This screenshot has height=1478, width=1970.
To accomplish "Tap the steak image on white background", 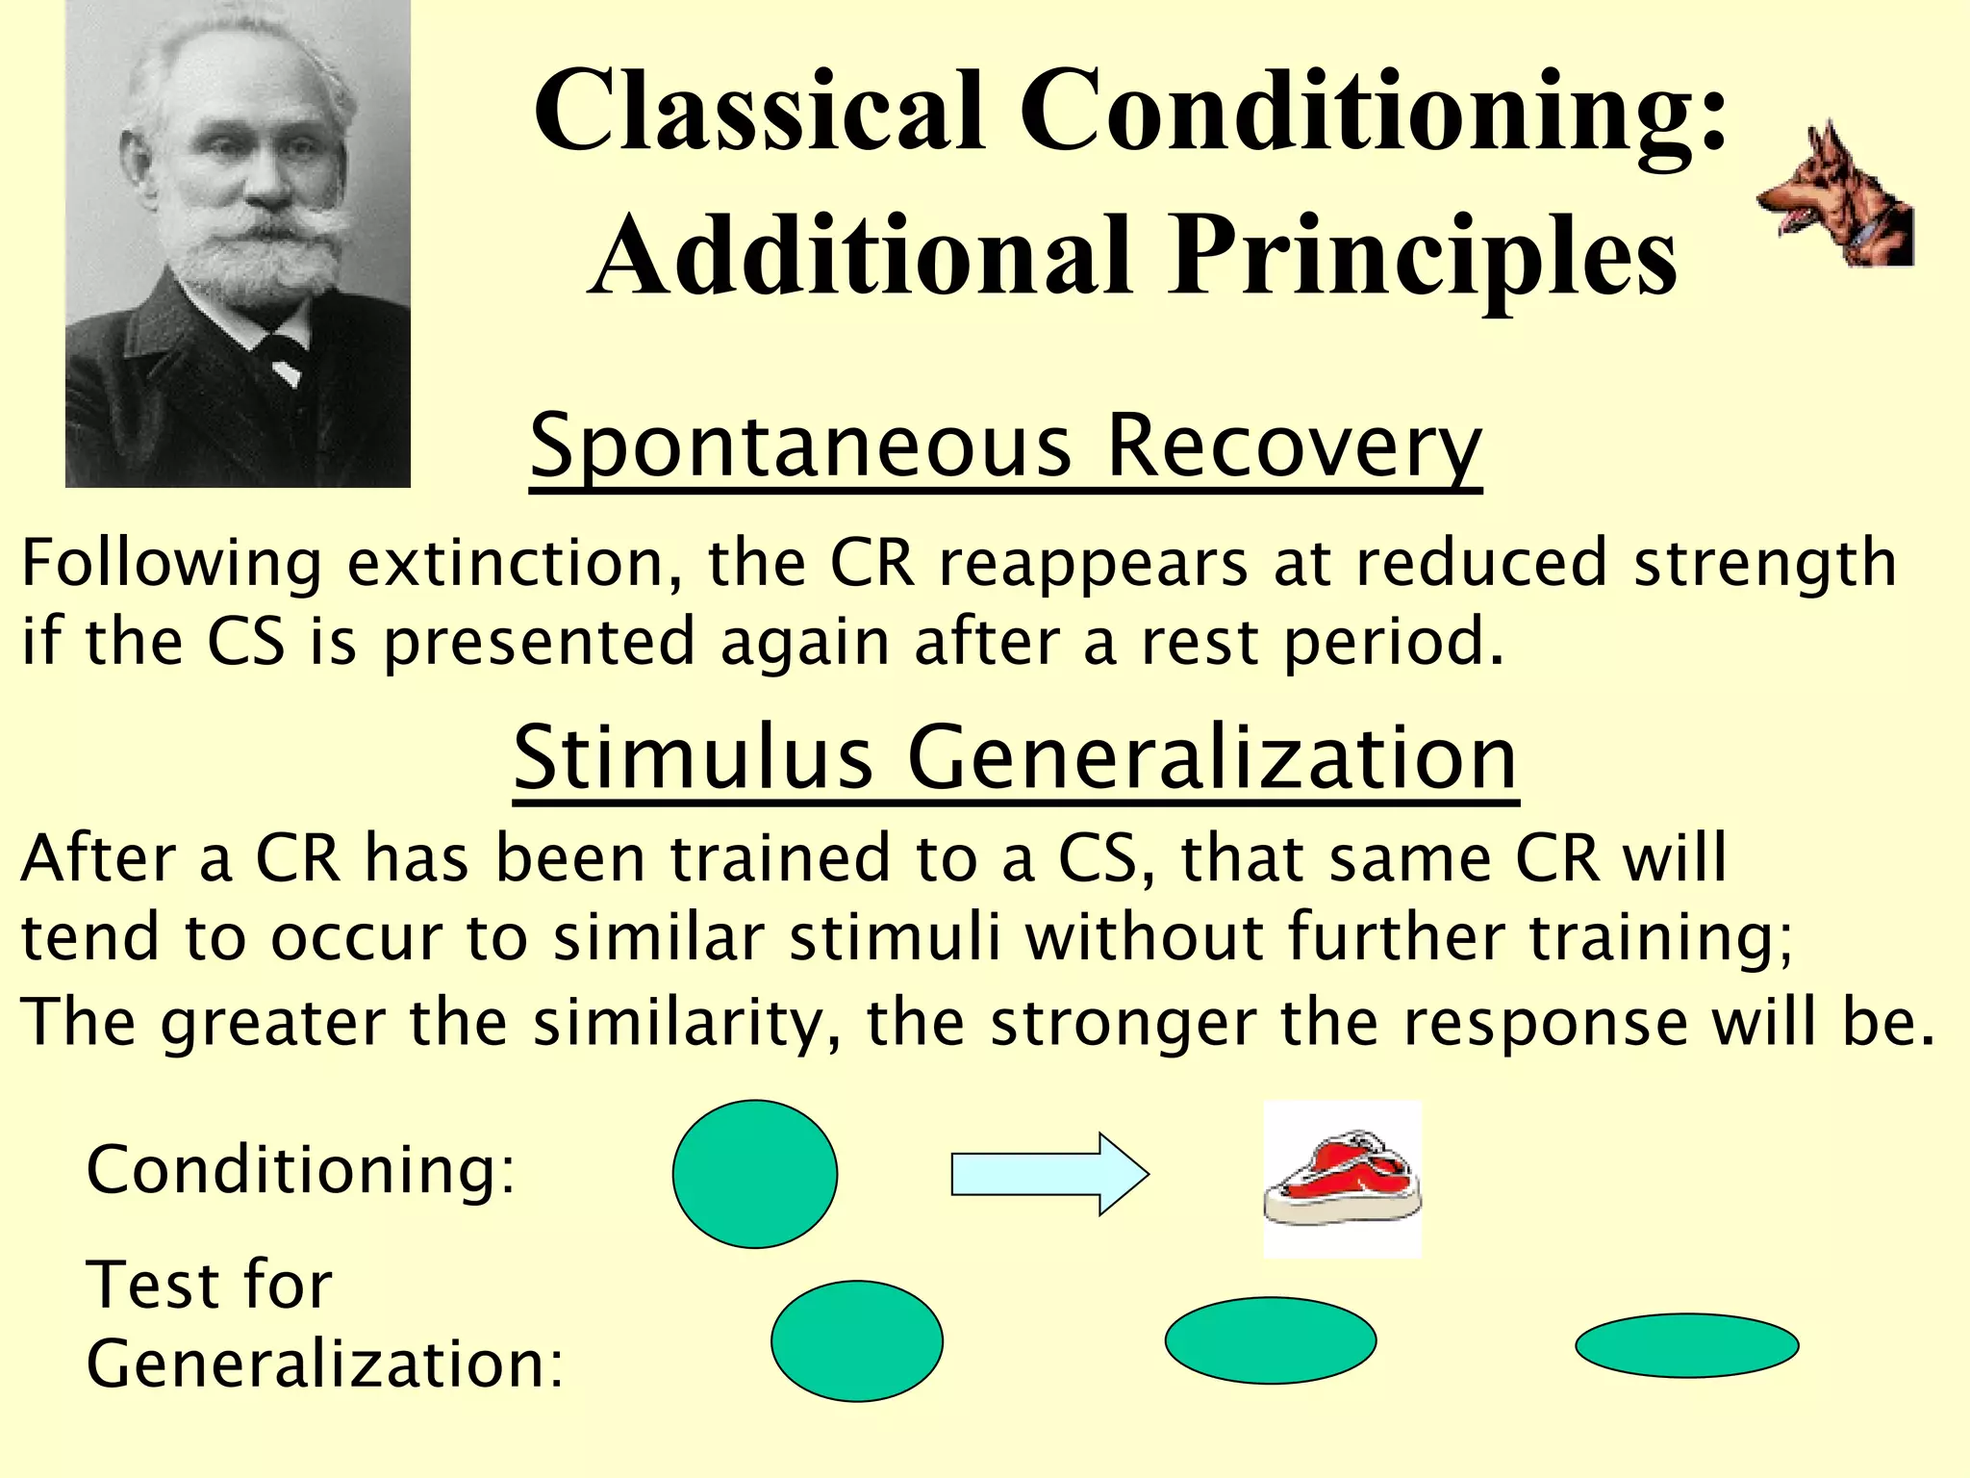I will click(1342, 1179).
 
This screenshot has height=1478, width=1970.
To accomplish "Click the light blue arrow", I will click(1048, 1174).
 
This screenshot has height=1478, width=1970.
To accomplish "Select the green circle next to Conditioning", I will click(754, 1174).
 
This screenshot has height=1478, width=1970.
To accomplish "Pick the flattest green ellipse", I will click(1686, 1345).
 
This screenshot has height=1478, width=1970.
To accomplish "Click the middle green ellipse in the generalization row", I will click(1270, 1340).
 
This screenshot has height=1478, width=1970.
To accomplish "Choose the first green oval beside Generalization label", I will click(856, 1340).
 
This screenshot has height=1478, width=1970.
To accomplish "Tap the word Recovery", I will click(1294, 446).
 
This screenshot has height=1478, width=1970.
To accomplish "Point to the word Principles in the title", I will click(1424, 255).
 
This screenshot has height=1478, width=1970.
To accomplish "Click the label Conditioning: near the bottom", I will click(301, 1170).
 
